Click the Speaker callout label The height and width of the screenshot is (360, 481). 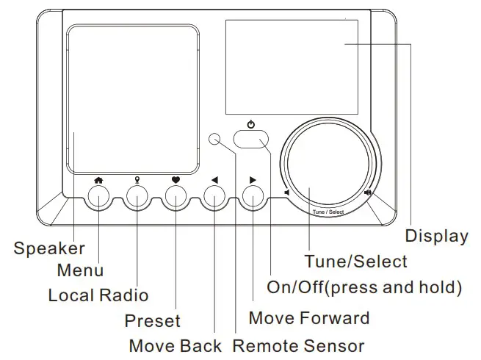pyautogui.click(x=48, y=248)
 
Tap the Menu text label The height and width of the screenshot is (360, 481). pyautogui.click(x=80, y=270)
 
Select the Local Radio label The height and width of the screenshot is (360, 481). pyautogui.click(x=98, y=295)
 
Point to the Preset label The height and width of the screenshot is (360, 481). pyautogui.click(x=152, y=321)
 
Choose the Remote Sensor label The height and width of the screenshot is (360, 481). pyautogui.click(x=298, y=345)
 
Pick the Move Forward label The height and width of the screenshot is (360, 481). pyautogui.click(x=309, y=318)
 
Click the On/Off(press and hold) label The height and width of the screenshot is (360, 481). pyautogui.click(x=364, y=287)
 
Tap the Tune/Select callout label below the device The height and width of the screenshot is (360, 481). pyautogui.click(x=356, y=261)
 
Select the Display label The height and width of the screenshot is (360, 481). pyautogui.click(x=437, y=236)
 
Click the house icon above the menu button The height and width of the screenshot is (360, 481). pyautogui.click(x=98, y=179)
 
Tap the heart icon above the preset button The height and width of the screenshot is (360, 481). pyautogui.click(x=176, y=179)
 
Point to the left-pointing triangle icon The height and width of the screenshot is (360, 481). pyautogui.click(x=214, y=179)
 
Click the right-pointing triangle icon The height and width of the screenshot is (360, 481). pyautogui.click(x=253, y=179)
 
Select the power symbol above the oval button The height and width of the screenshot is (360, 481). pyautogui.click(x=250, y=124)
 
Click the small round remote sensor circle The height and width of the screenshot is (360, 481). pyautogui.click(x=215, y=140)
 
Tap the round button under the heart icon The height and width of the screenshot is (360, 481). pyautogui.click(x=176, y=196)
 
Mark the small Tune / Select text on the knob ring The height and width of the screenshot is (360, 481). pyautogui.click(x=328, y=212)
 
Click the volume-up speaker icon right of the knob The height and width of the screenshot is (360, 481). pyautogui.click(x=367, y=194)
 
